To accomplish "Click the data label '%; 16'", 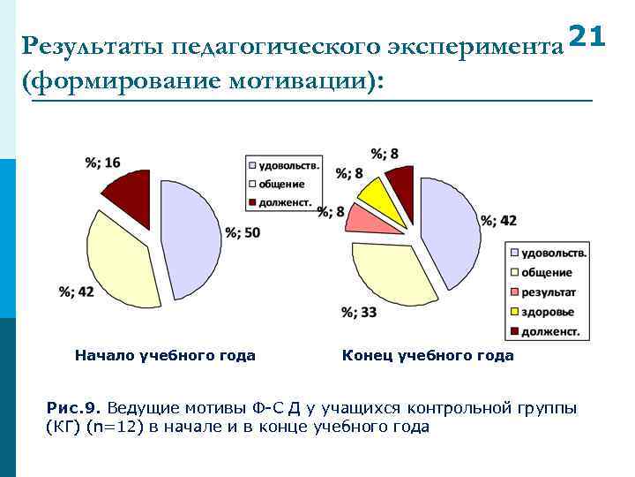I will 103,162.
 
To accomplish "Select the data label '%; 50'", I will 243,233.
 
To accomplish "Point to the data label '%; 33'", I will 359,312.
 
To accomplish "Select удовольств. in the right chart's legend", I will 553,253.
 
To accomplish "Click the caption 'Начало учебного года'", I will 165,356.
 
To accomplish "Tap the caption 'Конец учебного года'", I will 427,356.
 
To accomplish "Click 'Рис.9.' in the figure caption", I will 74,408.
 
